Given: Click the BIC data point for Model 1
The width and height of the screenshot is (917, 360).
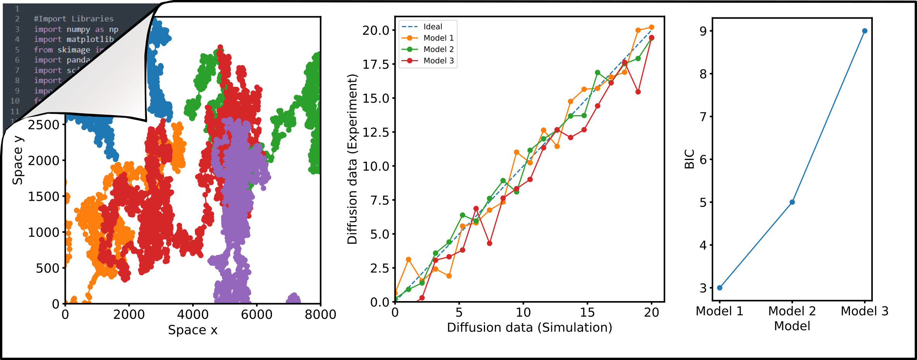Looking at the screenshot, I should pos(720,288).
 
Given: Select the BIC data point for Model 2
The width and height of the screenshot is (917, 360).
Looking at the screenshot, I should pos(792,202).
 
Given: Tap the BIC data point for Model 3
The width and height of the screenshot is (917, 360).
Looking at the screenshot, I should pos(865,31).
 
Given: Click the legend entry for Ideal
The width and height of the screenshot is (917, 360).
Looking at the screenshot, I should pos(432,27).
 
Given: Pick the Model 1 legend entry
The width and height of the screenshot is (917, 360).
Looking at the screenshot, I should pos(438,38).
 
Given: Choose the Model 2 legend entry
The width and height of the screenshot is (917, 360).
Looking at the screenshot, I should pos(438,49).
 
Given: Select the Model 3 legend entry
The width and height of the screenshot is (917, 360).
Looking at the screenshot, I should pos(438,60).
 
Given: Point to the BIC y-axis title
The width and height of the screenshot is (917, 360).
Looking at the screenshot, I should pos(689,159).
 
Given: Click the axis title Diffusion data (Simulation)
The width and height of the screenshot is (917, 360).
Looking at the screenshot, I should pos(529,327).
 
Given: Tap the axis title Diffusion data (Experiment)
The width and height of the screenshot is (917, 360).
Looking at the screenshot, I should pos(352,159).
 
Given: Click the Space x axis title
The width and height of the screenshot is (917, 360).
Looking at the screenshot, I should pos(193,330).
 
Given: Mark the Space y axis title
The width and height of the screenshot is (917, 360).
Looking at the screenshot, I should pos(18,160).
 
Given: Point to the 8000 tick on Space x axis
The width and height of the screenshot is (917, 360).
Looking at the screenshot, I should pos(320,314).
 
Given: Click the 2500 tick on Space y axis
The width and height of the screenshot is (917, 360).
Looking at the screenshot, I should pos(43,125).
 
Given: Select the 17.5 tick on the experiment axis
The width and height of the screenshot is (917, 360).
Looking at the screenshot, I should pos(375,64).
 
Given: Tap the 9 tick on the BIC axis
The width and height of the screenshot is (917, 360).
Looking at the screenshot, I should pos(703,31).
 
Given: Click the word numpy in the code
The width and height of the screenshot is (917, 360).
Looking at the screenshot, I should pos(78,29).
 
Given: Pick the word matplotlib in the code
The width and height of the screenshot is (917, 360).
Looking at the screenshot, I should pos(90,40).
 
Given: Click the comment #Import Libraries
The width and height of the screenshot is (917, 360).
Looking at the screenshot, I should pos(74,19).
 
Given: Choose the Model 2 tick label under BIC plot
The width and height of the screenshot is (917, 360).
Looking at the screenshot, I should pos(792,311).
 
